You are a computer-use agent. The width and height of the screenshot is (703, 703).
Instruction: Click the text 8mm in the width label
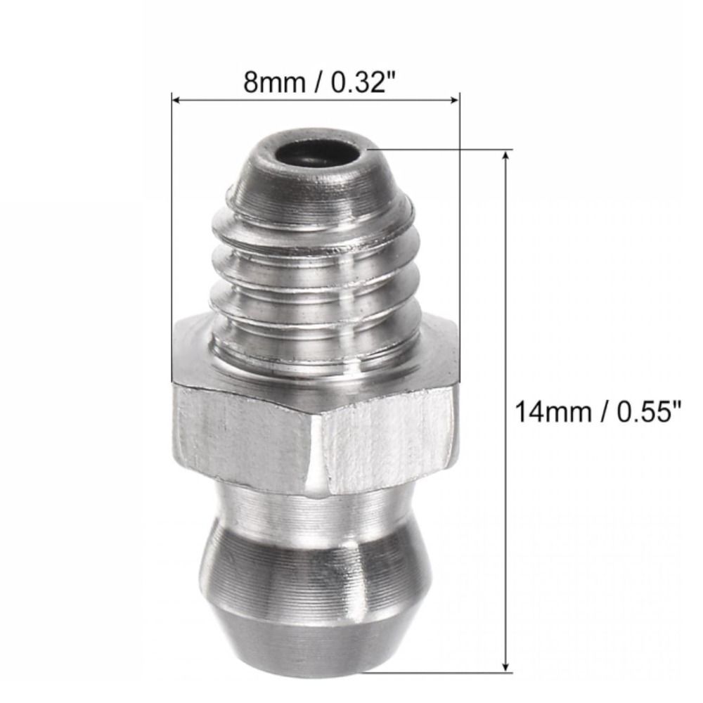pyautogui.click(x=274, y=82)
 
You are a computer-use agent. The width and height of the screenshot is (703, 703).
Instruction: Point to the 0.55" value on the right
pyautogui.click(x=649, y=411)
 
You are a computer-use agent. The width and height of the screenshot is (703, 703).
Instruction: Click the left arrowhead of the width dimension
pyautogui.click(x=176, y=100)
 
